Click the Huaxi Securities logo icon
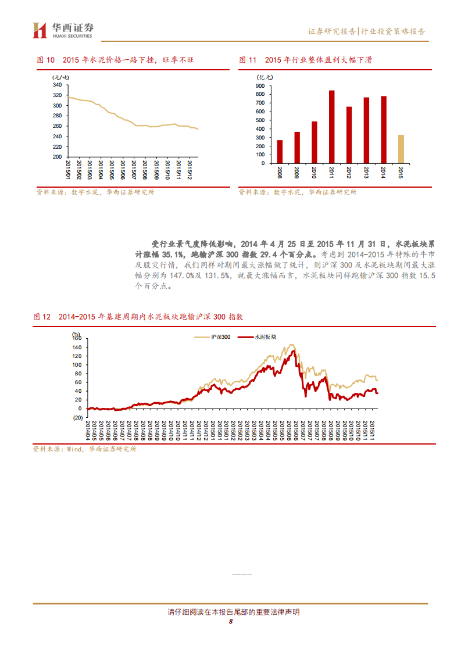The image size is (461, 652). (x=39, y=30)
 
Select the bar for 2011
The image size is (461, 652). (x=331, y=127)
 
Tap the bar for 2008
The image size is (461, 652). (x=280, y=152)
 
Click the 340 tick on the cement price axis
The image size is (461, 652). (x=57, y=85)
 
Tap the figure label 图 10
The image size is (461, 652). (x=45, y=60)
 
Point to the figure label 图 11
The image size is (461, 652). (x=248, y=60)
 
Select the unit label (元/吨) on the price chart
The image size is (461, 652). (x=60, y=77)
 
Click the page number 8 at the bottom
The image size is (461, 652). (x=231, y=621)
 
